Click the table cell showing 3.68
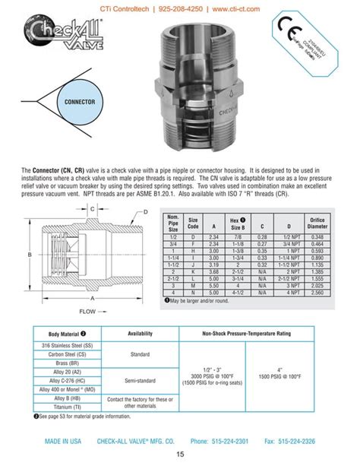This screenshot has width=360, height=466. (213, 271)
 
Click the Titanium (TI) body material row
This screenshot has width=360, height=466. (68, 407)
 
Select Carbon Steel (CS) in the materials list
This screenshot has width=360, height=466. (68, 353)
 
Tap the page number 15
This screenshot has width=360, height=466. (180, 455)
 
